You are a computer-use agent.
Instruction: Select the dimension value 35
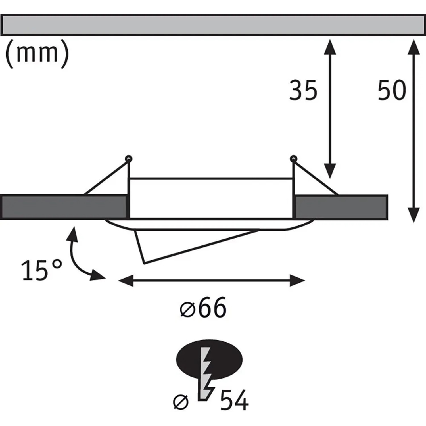click(x=303, y=90)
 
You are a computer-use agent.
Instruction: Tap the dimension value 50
click(x=392, y=90)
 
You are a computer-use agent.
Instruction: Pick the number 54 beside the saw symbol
click(x=234, y=400)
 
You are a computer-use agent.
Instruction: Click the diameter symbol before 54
click(x=181, y=402)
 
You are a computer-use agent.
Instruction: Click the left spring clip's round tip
click(x=129, y=158)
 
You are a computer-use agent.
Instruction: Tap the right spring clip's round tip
click(x=293, y=158)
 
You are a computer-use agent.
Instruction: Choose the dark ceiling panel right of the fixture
click(x=341, y=207)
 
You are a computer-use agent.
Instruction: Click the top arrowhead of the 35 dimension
click(x=330, y=47)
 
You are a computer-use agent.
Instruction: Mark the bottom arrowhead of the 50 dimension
click(x=414, y=215)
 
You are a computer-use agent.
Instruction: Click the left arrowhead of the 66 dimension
click(x=126, y=281)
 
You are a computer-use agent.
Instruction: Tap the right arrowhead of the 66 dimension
click(x=297, y=281)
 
